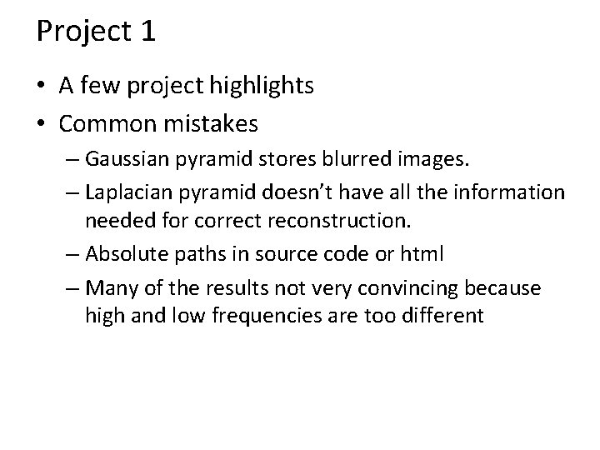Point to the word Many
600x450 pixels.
coord(106,288)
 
